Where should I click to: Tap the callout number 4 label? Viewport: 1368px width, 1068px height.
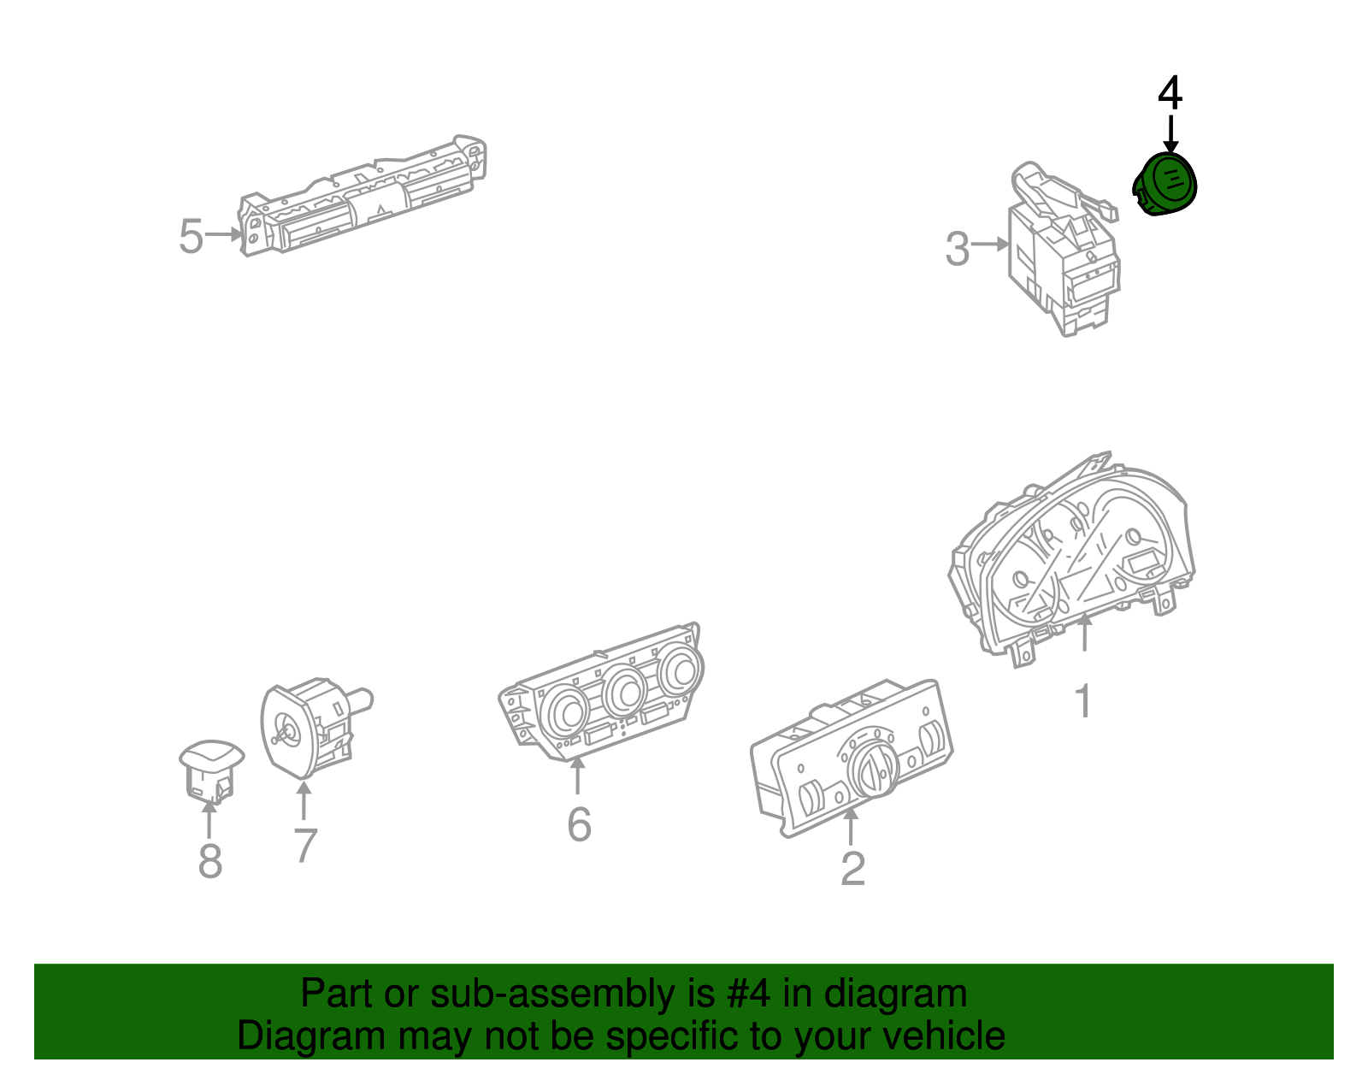pos(1170,93)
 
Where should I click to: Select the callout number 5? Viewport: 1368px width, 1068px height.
pos(191,237)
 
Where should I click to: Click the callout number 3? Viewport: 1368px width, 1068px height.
pos(958,250)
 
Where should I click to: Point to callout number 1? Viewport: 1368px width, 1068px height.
pos(1083,701)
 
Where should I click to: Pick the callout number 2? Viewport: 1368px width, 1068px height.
pos(852,869)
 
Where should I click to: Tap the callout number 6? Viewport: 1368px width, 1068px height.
pos(579,825)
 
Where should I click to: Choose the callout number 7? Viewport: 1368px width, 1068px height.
pos(305,846)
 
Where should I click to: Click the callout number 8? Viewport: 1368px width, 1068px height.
pos(210,862)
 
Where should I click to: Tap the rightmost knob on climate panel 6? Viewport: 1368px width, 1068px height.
pos(681,670)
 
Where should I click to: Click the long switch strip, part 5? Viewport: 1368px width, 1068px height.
pos(363,198)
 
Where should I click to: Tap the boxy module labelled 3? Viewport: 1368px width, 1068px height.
pos(1060,257)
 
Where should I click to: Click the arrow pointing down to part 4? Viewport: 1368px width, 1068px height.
pos(1170,134)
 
